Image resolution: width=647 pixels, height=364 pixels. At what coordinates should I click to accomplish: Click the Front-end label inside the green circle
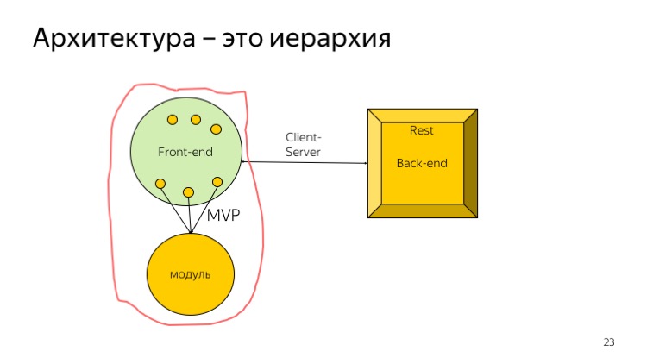click(185, 152)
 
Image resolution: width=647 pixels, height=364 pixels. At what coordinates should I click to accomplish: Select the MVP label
click(222, 216)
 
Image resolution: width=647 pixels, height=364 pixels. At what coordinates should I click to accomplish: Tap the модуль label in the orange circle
click(191, 274)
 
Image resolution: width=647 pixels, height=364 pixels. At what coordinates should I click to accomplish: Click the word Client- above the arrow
click(304, 137)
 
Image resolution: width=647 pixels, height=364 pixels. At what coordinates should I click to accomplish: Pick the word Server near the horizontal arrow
click(303, 152)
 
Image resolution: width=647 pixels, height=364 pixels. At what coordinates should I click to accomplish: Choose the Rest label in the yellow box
click(421, 130)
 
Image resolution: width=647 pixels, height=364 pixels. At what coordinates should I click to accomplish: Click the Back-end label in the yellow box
click(422, 163)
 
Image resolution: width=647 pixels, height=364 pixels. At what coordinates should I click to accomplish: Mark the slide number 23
click(608, 343)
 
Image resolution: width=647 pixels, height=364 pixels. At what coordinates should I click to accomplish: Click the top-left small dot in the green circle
click(173, 119)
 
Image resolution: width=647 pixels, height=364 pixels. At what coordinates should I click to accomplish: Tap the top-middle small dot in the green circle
click(196, 119)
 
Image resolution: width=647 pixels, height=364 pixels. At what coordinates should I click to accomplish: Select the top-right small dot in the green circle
click(216, 129)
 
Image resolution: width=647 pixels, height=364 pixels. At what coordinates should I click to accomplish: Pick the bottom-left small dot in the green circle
click(160, 183)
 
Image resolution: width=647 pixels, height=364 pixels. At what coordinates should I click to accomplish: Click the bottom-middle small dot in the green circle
click(188, 191)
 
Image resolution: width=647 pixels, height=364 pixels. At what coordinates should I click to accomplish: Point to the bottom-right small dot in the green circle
click(217, 181)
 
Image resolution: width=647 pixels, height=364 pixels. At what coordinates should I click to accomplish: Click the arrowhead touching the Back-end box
click(364, 163)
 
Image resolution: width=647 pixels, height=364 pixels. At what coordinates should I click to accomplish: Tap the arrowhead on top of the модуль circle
click(191, 230)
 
